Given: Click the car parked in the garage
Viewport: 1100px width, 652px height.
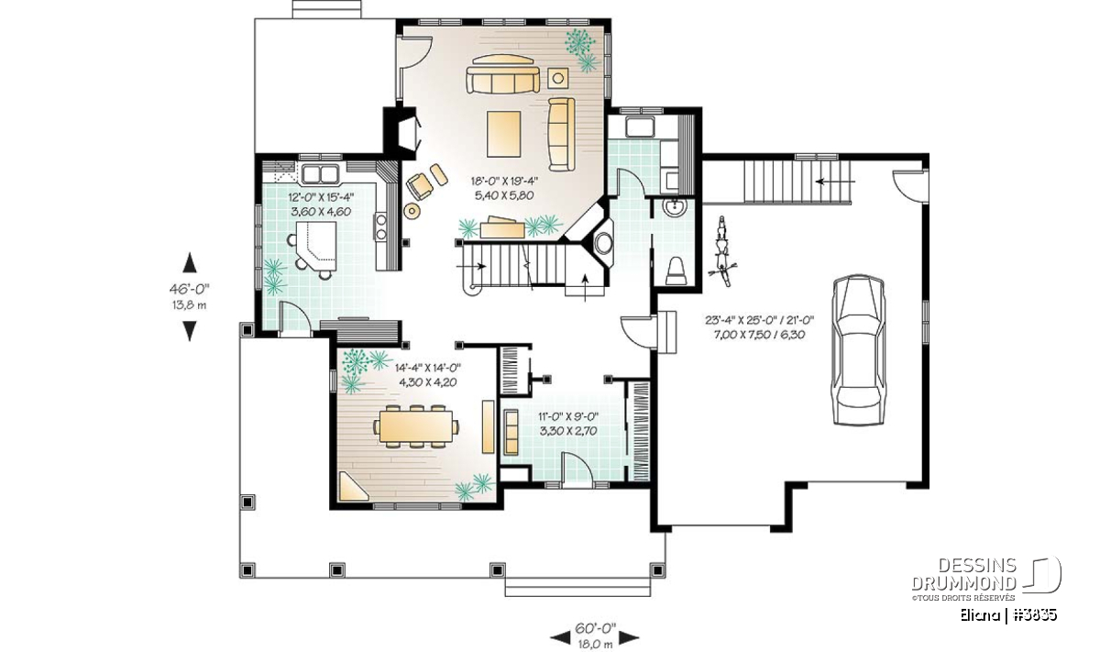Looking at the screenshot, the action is [x=859, y=349].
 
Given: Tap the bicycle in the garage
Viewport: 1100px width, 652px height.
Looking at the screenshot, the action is [x=723, y=251].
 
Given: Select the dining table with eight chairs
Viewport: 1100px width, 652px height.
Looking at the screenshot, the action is [x=416, y=426].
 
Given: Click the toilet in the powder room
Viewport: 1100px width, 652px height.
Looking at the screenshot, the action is [x=676, y=271].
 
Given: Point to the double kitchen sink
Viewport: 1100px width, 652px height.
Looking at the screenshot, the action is [x=321, y=174].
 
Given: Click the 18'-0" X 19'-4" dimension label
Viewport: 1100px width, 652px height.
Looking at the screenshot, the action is [x=504, y=181].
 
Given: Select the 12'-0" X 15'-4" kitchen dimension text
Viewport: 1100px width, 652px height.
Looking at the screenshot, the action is [x=321, y=197].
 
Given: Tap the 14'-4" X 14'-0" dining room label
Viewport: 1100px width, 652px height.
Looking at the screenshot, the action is [x=428, y=368].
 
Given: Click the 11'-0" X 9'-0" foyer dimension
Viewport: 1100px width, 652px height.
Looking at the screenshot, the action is [x=568, y=417].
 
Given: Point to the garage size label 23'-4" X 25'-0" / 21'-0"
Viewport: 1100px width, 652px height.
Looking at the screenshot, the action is [x=760, y=320].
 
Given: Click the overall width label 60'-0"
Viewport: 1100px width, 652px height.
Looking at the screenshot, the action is [x=595, y=628].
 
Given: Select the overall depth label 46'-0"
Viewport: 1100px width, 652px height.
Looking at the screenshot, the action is [x=190, y=289].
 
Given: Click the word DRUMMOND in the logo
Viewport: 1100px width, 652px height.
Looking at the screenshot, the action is [x=964, y=583].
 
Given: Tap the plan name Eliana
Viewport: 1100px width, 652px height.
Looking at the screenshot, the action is [x=979, y=615].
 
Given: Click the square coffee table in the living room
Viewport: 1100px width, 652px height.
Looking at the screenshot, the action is [x=504, y=134].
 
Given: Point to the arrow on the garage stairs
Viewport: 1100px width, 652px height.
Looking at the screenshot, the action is [x=835, y=182].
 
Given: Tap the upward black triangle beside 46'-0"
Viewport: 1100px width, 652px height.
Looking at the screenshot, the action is [x=190, y=262].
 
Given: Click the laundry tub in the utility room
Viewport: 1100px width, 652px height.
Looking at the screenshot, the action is [x=640, y=127].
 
